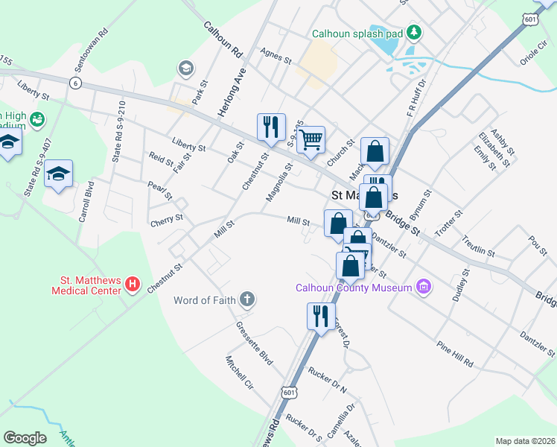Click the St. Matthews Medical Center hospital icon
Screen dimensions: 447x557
[x=133, y=284]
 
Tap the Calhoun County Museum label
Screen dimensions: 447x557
[x=353, y=288]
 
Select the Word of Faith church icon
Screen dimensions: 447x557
[x=247, y=300]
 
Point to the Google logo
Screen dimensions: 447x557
[x=25, y=438]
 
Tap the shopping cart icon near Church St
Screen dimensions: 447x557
[x=311, y=139]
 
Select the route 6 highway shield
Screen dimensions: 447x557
[x=75, y=83]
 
